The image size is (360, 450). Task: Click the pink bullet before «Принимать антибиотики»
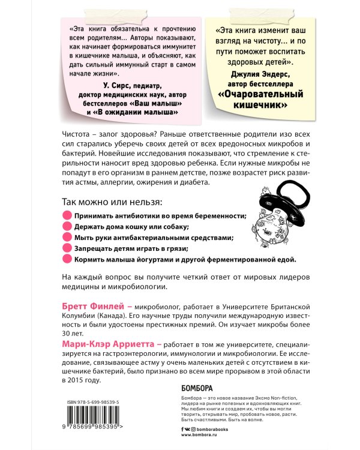[67, 215]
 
